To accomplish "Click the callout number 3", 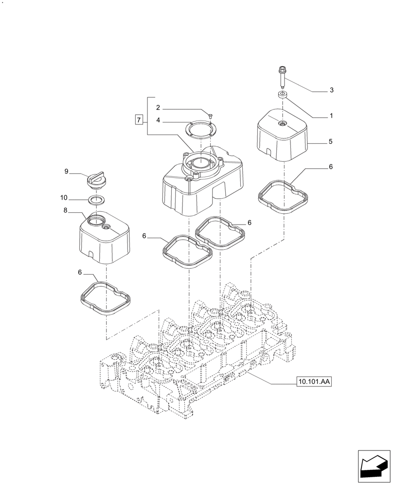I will [331, 90].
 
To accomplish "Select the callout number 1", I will [331, 116].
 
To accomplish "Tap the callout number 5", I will [330, 142].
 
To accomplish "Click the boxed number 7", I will [139, 120].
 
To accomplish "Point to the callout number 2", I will [158, 107].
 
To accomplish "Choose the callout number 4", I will [158, 120].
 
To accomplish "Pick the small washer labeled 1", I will [282, 94].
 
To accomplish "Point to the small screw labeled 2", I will [210, 116].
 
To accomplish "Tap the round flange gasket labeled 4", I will [202, 131].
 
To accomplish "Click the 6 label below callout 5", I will [330, 167].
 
